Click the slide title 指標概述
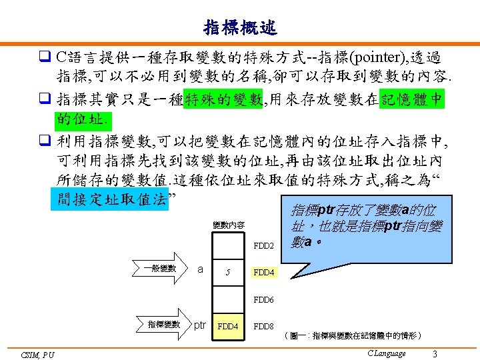click(240, 27)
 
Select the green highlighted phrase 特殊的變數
click(223, 100)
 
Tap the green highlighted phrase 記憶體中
click(411, 100)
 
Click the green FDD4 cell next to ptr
click(229, 327)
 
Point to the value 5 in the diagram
click(228, 272)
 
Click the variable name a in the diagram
click(201, 269)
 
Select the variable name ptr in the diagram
click(200, 325)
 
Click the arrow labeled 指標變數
click(166, 325)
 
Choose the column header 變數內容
click(228, 225)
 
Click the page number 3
click(435, 353)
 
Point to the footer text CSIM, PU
click(37, 355)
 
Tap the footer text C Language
click(386, 353)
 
